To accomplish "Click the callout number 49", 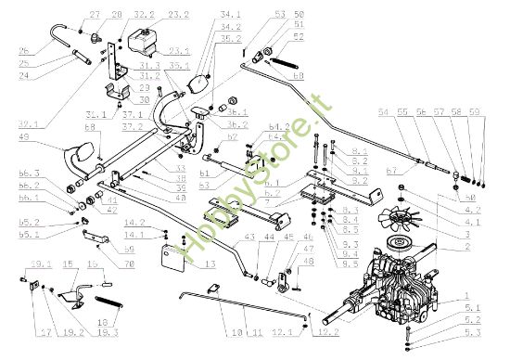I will (25, 136).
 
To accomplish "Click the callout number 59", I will (475, 111).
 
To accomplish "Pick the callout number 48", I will (310, 261).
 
